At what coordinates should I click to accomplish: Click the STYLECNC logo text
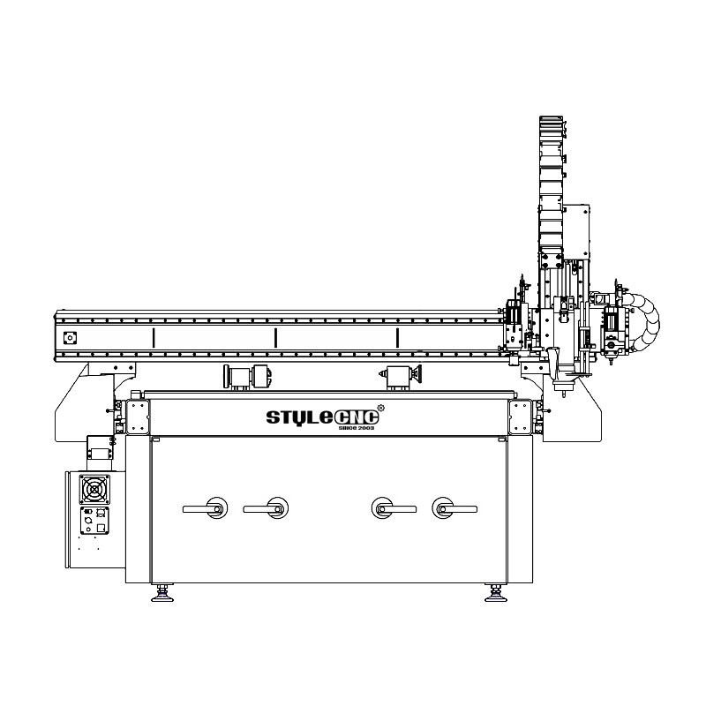coord(322,416)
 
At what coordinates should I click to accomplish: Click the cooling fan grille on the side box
coord(94,488)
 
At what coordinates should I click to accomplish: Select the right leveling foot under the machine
coord(495,596)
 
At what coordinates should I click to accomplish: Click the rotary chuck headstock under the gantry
coord(248,375)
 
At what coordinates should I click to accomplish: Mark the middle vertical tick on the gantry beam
coord(275,337)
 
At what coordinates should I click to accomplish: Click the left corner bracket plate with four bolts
coord(139,416)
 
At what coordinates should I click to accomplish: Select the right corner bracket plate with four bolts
coord(520,416)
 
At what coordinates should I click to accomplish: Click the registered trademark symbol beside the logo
coord(379,407)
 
